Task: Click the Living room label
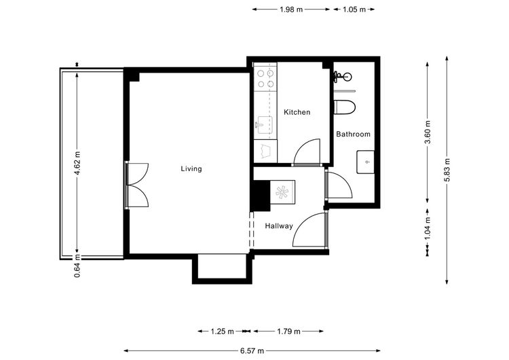coord(191,168)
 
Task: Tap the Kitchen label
coord(297,112)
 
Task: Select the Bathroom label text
coord(353,134)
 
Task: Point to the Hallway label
coord(279,226)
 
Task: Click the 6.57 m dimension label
coord(252,351)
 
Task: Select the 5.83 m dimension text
coord(447,170)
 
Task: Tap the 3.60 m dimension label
coord(428,132)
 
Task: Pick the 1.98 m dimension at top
coord(291,10)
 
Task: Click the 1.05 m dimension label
coord(354,10)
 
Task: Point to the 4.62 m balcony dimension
coord(77,163)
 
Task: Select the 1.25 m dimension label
coord(223,331)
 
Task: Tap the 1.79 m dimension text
coord(288,331)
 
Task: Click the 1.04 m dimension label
coord(428,228)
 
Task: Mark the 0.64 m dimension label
coord(77,266)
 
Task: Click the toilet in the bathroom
coord(345,107)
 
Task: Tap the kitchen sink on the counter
coord(265,125)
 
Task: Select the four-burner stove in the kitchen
coord(265,78)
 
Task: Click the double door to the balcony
coord(137,185)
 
